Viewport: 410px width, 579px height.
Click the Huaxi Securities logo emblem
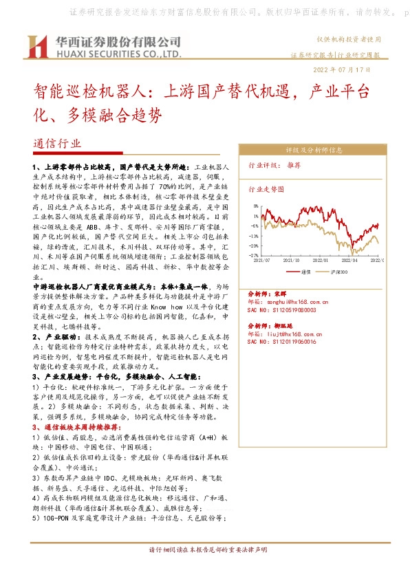point(38,47)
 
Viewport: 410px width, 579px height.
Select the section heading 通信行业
point(56,144)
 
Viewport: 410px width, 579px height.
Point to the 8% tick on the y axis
point(256,206)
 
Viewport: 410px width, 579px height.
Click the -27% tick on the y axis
point(255,254)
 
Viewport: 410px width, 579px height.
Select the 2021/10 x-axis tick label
point(291,261)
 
